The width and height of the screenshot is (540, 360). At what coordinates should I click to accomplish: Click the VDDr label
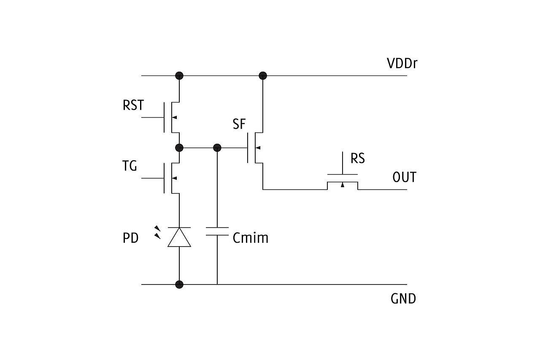point(402,64)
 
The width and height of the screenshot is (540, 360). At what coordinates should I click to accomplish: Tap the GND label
point(403,299)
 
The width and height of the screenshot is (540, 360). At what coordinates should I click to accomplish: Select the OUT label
point(404,177)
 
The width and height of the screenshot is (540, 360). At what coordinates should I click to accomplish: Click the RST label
point(133,105)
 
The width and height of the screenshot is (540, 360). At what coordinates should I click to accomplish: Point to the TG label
point(130,167)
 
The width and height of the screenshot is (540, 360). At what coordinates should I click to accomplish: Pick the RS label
point(358,159)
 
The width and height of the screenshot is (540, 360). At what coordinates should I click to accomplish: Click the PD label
point(131,238)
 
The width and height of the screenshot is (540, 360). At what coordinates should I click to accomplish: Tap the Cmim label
point(251,238)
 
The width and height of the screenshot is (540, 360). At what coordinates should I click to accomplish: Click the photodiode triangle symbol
point(179,236)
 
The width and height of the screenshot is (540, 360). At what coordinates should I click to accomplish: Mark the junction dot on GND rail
point(179,285)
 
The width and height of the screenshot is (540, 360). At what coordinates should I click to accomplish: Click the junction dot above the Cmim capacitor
point(217,148)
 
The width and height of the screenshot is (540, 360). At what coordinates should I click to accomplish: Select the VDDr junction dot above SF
point(263,76)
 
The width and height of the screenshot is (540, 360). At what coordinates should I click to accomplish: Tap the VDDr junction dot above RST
point(179,76)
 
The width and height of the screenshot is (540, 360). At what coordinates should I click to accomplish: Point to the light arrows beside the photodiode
point(157,232)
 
